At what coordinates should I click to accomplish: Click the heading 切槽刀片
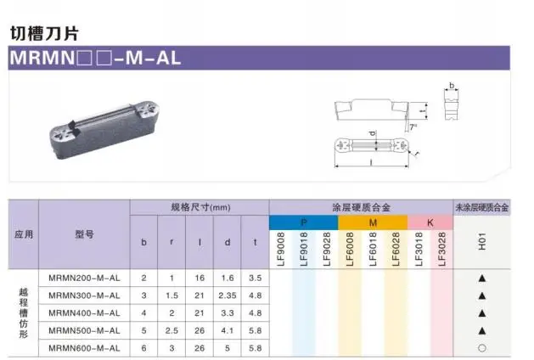44,33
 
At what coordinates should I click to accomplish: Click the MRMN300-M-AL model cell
84,295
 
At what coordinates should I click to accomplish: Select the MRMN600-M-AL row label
84,348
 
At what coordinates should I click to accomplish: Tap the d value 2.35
228,295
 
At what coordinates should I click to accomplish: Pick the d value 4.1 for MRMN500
228,331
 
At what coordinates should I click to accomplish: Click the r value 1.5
171,295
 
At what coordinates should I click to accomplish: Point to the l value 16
200,278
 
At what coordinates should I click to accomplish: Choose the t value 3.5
255,278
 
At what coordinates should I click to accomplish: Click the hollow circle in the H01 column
482,348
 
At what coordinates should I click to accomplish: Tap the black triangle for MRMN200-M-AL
482,278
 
